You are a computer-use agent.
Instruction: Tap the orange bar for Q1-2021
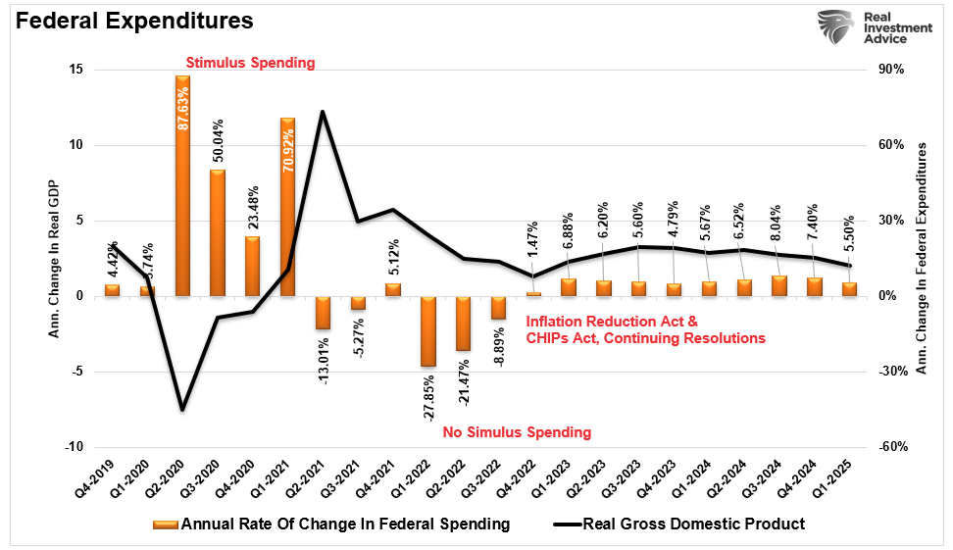tap(287, 206)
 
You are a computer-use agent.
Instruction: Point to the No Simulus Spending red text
tap(518, 432)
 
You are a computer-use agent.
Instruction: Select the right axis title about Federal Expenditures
tap(922, 257)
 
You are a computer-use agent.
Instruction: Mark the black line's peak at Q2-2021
tap(323, 112)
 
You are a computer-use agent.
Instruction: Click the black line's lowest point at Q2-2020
tap(182, 409)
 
